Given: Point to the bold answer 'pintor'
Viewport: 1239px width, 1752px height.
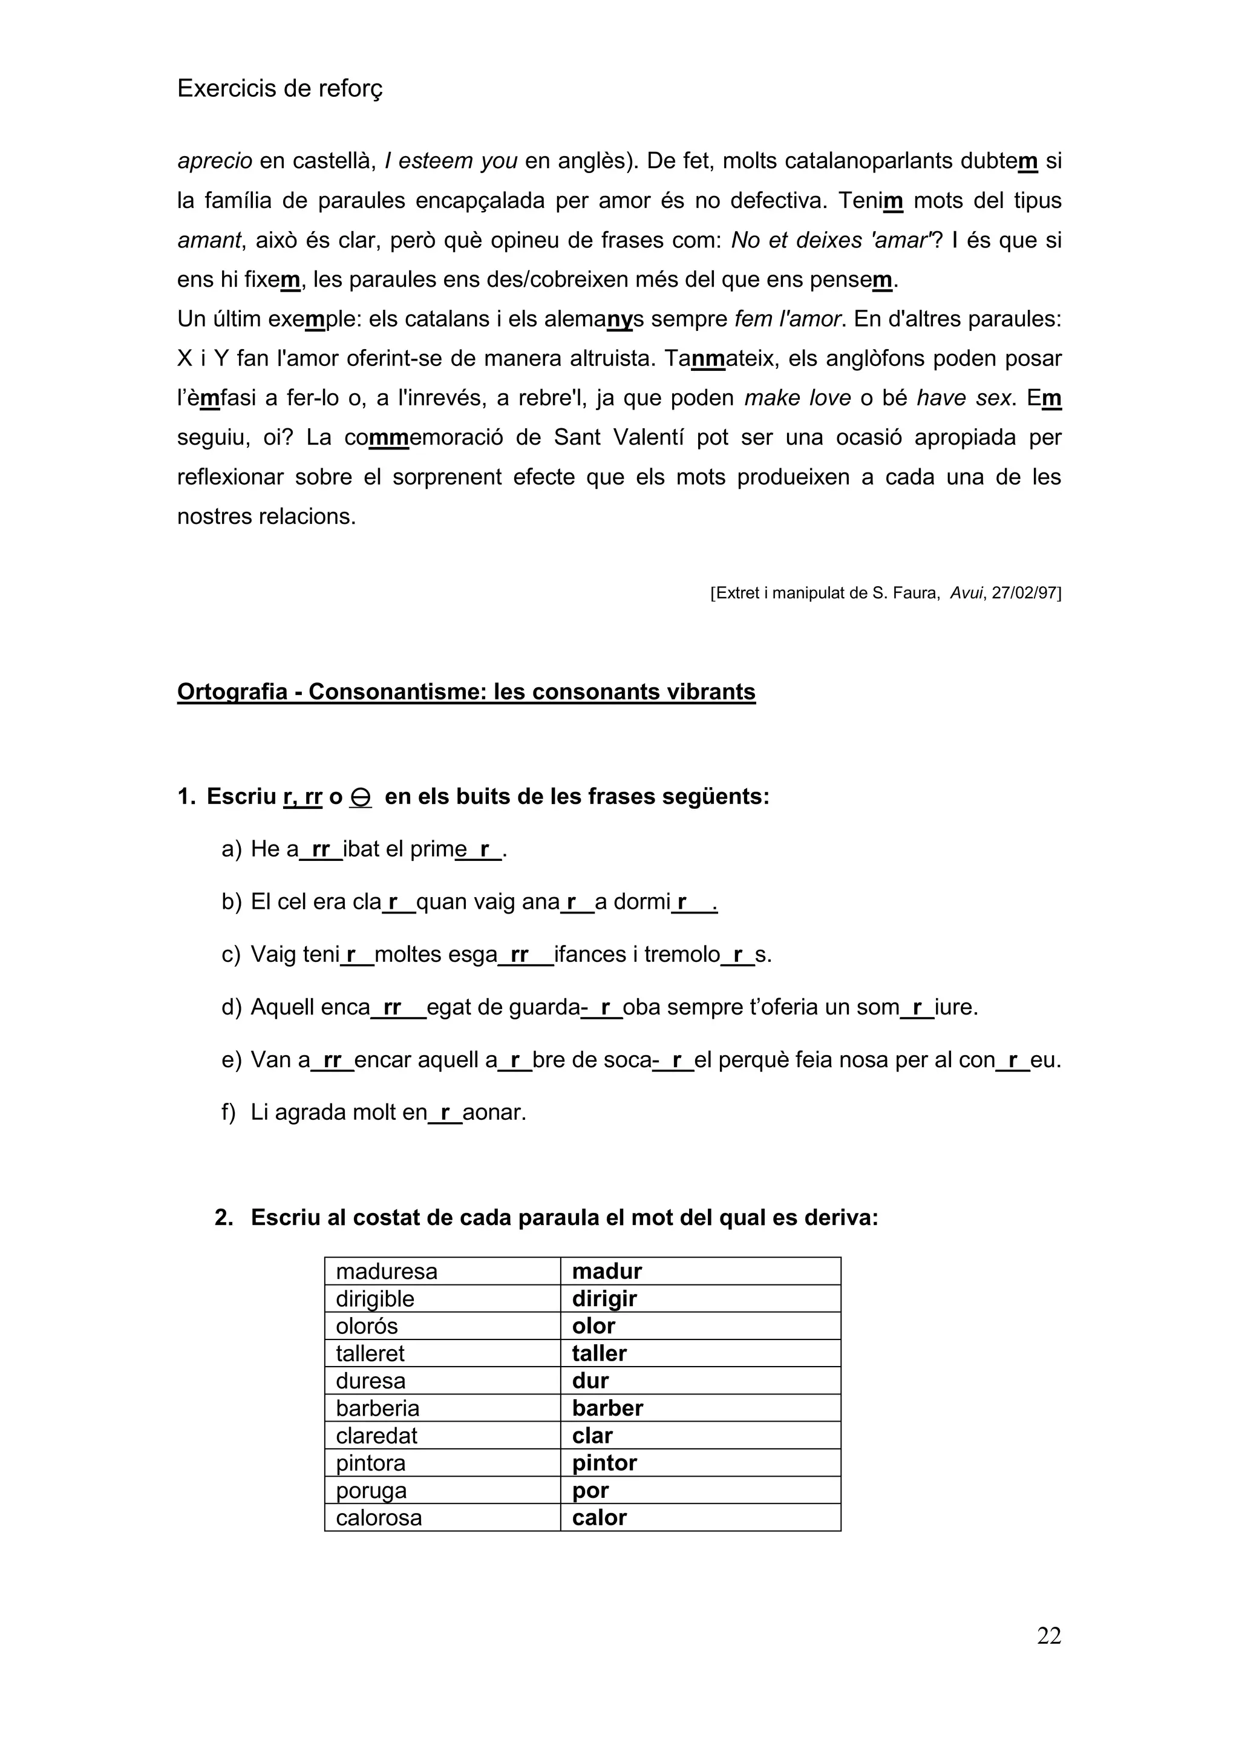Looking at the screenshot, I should pyautogui.click(x=604, y=1463).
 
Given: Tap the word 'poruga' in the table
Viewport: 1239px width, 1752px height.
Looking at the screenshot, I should pyautogui.click(x=371, y=1490).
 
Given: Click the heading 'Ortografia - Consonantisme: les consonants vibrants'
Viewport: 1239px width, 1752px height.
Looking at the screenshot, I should pyautogui.click(x=466, y=691).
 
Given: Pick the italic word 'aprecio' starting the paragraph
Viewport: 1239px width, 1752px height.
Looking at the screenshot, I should pyautogui.click(x=214, y=161).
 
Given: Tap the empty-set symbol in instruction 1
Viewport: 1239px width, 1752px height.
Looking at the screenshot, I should pyautogui.click(x=360, y=797).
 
